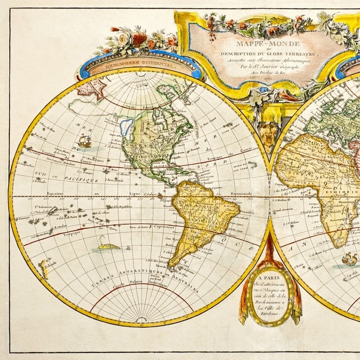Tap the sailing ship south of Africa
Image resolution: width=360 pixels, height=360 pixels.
[x=349, y=260]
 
